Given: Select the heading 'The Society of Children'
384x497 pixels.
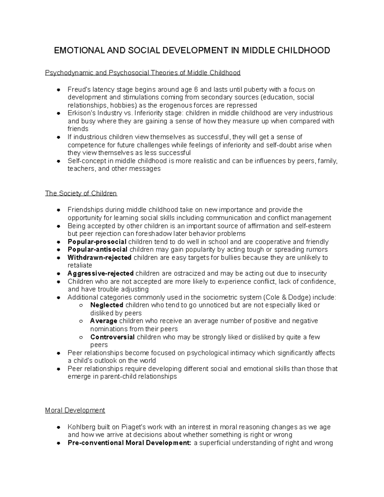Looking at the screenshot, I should click(x=81, y=193).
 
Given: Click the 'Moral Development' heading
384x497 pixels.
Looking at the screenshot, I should click(x=75, y=410).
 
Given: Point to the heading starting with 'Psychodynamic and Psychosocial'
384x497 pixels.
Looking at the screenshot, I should click(x=143, y=73).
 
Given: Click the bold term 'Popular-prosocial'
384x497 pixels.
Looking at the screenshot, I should click(x=97, y=242).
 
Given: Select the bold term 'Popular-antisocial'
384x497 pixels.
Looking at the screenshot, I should click(x=98, y=250).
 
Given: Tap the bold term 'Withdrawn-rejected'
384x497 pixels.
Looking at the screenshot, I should click(x=100, y=258).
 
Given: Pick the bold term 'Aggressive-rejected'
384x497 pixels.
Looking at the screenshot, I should click(x=100, y=274).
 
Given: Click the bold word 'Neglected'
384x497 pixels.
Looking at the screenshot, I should click(x=107, y=305).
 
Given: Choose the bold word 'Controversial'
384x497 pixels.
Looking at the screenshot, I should click(x=112, y=337).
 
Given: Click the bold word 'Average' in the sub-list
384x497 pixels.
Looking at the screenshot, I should click(x=104, y=321).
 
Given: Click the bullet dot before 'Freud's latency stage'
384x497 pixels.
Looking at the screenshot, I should click(x=59, y=90).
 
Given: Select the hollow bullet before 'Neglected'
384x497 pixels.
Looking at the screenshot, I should click(x=82, y=306).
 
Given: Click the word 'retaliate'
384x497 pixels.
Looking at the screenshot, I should click(x=80, y=265).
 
